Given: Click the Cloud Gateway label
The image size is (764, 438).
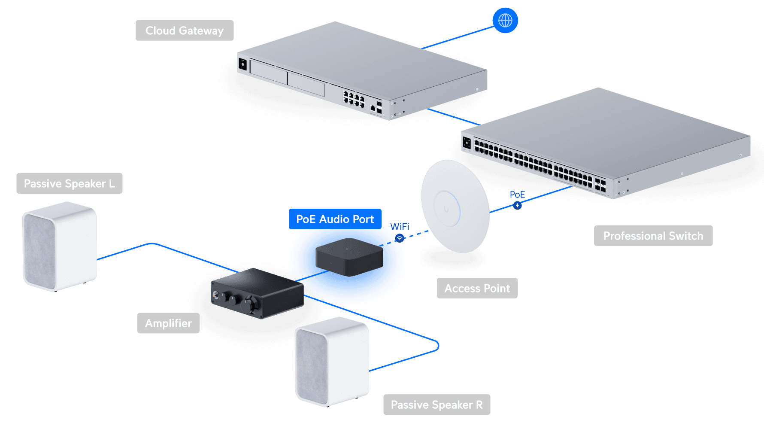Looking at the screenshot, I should coord(185,30).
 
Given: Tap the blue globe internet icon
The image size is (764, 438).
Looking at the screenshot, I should coord(505,20).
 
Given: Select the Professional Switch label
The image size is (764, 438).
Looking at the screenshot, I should coord(653,236).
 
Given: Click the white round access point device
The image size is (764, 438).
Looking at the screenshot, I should coord(455,207).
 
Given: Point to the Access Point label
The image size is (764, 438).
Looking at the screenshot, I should coord(477,288).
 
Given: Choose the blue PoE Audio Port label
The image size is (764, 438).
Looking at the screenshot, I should coord(335,219).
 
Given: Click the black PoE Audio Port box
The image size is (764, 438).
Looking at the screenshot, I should coord(349,257).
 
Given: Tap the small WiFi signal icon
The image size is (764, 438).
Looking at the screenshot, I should coord(400,238).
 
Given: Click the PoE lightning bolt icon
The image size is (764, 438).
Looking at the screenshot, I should coord(518,206).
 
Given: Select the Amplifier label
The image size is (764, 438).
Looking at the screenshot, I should coord(168,323).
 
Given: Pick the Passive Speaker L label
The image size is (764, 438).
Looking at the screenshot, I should coord(69,183).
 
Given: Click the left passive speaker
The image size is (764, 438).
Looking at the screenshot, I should coord(59,246).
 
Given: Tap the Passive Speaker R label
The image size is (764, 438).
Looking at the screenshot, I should coord(437,405).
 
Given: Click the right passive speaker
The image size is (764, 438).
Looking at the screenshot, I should coord(332,362).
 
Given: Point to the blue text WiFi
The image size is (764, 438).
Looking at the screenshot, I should coord(400,226).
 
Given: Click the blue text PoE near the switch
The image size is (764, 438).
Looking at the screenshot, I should coord(517,195).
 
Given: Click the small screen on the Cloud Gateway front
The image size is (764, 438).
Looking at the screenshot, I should coord(243,64).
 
